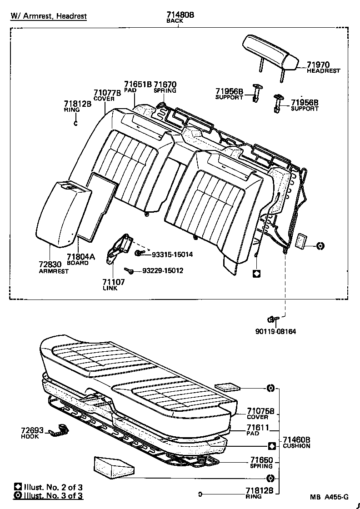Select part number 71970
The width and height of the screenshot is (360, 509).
318,65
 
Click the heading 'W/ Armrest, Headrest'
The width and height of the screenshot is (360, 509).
49,17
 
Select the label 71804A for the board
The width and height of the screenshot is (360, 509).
81,257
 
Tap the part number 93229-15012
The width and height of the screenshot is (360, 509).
163,271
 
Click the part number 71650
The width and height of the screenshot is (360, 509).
260,460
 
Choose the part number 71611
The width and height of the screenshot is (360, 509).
258,428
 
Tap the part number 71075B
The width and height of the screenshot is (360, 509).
260,411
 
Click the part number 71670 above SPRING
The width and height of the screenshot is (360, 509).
165,84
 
